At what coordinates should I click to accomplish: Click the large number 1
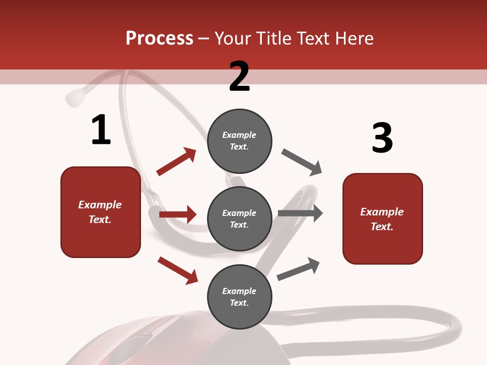[x=101, y=130]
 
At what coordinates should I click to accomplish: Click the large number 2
[x=239, y=77]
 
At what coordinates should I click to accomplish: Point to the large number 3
[x=382, y=138]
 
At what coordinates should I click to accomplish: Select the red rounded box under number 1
[x=100, y=212]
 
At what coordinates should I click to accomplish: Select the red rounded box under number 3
[x=382, y=219]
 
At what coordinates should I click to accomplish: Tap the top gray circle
[x=239, y=141]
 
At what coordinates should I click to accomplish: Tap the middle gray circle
[x=239, y=218]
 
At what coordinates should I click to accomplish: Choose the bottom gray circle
[x=239, y=297]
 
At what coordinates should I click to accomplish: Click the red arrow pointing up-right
[x=177, y=161]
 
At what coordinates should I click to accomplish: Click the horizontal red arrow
[x=178, y=214]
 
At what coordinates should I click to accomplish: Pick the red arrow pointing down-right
[x=178, y=270]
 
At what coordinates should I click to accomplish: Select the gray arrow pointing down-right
[x=302, y=162]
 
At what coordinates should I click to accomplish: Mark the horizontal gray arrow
[x=300, y=213]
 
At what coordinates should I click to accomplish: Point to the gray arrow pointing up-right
[x=299, y=269]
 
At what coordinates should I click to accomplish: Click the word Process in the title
[x=159, y=39]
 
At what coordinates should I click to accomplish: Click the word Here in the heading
[x=355, y=39]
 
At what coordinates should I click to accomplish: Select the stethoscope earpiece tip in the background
[x=75, y=97]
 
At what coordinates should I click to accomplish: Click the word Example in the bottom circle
[x=239, y=291]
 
